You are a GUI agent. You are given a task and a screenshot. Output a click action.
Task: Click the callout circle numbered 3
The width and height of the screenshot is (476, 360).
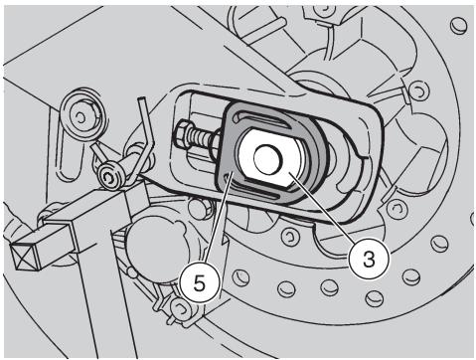pos(370,260)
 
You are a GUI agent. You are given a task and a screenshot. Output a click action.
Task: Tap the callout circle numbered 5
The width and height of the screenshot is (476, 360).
pos(200,282)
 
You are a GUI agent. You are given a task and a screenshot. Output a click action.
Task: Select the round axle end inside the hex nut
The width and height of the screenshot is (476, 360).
pos(267,158)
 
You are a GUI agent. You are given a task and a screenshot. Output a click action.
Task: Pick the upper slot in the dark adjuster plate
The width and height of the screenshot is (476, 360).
pos(260,120)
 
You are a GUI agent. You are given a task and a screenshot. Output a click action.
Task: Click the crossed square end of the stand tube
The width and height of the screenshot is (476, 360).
pos(26,253)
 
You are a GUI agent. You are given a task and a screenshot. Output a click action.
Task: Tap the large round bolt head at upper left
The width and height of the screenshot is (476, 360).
pos(80,116)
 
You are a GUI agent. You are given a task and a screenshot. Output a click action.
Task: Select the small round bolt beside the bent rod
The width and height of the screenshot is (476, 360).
pos(110,176)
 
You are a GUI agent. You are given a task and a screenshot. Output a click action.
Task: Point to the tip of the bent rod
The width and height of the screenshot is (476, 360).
pos(141,98)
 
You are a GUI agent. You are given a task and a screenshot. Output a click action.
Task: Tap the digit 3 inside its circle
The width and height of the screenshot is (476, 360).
pos(369,260)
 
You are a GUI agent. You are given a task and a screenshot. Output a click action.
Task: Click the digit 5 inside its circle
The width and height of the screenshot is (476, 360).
pos(200,282)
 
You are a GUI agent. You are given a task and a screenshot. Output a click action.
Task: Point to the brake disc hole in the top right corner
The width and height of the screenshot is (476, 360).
pos(459,24)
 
